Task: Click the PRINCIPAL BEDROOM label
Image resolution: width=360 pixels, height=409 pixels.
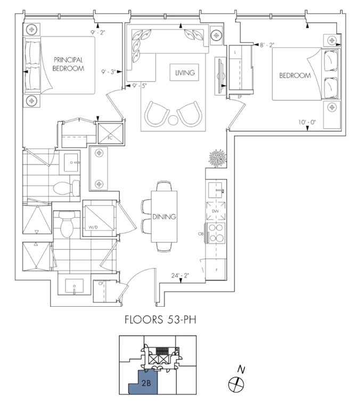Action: [x=68, y=64]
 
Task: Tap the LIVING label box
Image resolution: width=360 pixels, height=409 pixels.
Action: [x=184, y=72]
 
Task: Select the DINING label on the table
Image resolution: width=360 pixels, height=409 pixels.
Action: [x=164, y=217]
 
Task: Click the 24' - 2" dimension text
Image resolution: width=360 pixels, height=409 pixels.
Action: [x=180, y=275]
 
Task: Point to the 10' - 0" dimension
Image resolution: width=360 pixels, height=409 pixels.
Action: [x=307, y=122]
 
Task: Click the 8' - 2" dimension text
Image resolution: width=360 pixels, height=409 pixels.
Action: [x=267, y=45]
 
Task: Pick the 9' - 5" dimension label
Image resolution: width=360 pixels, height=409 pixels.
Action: [x=140, y=86]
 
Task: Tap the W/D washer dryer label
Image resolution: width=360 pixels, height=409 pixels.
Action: [x=93, y=227]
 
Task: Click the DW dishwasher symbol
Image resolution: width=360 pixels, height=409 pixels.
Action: [x=216, y=211]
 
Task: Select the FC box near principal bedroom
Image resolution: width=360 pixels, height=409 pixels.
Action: [x=110, y=133]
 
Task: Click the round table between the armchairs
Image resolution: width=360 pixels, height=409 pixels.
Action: [x=173, y=120]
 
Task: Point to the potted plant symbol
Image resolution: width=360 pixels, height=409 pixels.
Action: [x=217, y=158]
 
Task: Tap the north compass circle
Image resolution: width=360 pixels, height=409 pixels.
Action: [x=236, y=385]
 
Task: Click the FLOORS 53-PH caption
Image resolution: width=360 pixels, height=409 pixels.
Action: [x=160, y=320]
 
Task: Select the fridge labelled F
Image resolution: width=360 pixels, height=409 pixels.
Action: [x=216, y=269]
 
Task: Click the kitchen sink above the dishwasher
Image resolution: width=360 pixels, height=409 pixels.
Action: [x=216, y=190]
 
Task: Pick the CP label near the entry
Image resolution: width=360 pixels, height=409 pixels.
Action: [x=101, y=283]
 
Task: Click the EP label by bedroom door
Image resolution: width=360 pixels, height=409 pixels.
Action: [x=240, y=97]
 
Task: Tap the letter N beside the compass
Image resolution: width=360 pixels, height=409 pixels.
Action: [x=241, y=370]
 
